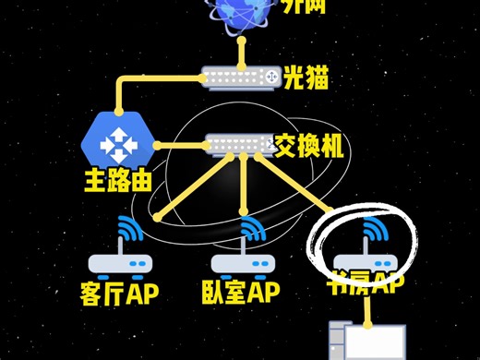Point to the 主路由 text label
(118, 179)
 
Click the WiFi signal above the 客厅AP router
(126, 229)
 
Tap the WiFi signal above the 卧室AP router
(249, 229)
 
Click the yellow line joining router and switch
(180, 145)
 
